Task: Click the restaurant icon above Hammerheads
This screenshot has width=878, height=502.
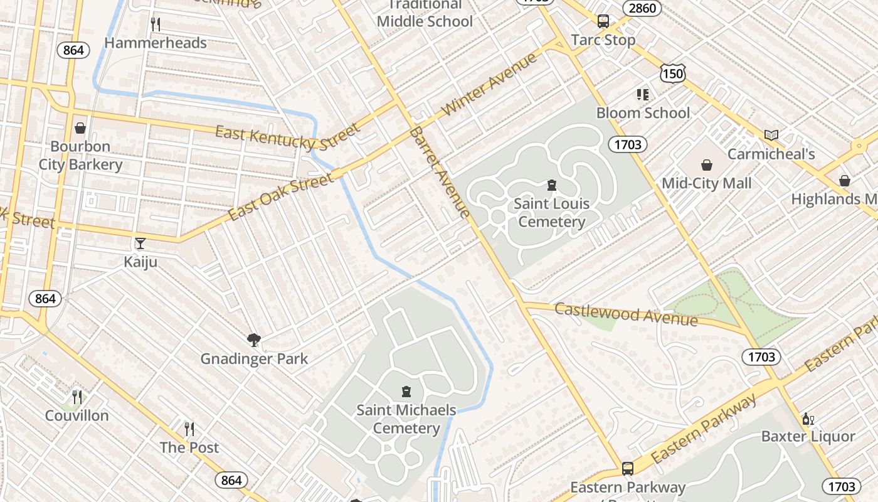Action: point(156,24)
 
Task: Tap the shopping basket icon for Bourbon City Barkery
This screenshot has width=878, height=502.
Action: point(80,128)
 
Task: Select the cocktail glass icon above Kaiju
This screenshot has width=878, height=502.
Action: point(140,243)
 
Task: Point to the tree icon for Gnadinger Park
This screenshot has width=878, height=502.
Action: point(254,340)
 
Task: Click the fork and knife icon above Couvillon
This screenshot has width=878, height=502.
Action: point(77,397)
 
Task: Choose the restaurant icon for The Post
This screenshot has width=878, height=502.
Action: point(189,429)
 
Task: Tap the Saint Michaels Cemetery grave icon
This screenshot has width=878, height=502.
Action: point(406,392)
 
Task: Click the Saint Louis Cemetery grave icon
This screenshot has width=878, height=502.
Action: point(552,185)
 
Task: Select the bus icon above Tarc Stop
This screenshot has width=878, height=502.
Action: point(603,21)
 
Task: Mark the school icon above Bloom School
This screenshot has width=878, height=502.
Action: point(643,95)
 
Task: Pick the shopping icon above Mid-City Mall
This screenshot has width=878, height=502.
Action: point(707,165)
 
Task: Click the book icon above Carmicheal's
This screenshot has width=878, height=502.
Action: point(771,135)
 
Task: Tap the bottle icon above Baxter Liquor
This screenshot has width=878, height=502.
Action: point(808,419)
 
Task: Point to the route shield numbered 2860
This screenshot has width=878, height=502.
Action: point(642,8)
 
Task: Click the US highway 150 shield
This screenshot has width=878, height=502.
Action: point(672,73)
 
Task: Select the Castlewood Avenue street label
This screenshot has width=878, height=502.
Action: point(626,314)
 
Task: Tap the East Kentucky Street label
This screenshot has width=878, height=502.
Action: point(288,137)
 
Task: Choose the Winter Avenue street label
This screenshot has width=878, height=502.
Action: point(490,84)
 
